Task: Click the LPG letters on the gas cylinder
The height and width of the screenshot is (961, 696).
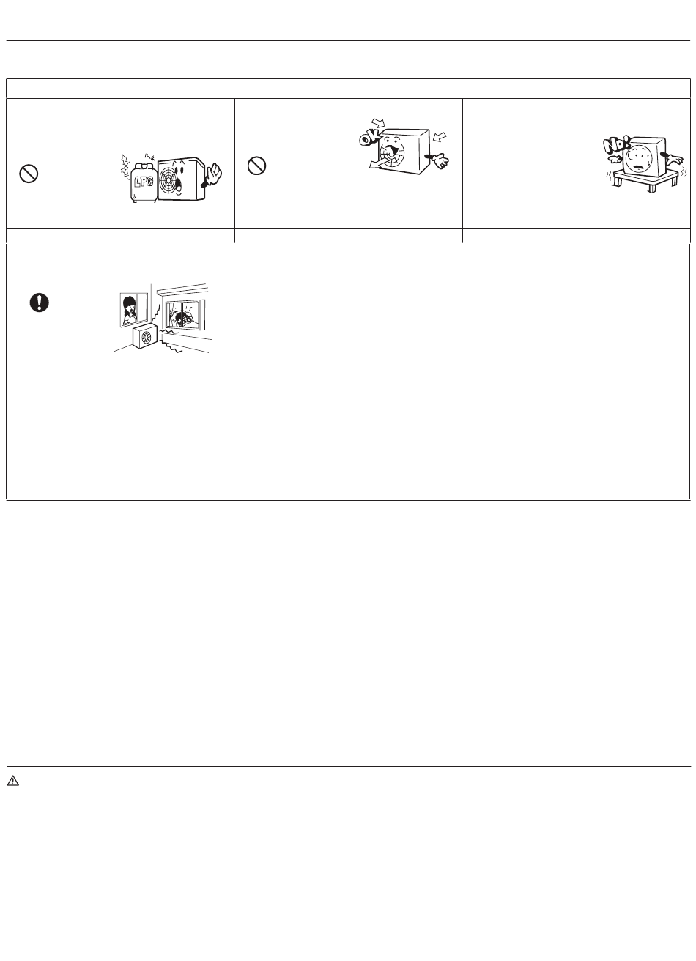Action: pyautogui.click(x=144, y=182)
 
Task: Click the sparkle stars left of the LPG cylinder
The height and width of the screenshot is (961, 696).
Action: pyautogui.click(x=125, y=166)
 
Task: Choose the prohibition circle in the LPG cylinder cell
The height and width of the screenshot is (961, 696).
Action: pyautogui.click(x=29, y=174)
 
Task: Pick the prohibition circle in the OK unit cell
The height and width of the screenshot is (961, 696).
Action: pyautogui.click(x=256, y=166)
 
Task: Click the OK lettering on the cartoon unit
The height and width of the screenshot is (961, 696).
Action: pyautogui.click(x=369, y=138)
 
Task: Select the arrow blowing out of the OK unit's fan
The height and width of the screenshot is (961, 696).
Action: pyautogui.click(x=381, y=162)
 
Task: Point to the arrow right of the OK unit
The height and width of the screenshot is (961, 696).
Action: pyautogui.click(x=440, y=136)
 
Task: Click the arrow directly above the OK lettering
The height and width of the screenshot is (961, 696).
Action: pyautogui.click(x=378, y=124)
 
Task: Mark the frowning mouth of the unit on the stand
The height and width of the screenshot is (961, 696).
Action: pyautogui.click(x=640, y=167)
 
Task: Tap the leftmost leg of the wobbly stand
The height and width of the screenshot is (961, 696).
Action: pyautogui.click(x=618, y=181)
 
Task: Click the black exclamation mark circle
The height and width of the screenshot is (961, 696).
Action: pyautogui.click(x=39, y=303)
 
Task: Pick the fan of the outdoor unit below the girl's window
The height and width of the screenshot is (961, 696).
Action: pyautogui.click(x=146, y=337)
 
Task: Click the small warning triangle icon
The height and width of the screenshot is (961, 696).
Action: pyautogui.click(x=13, y=780)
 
